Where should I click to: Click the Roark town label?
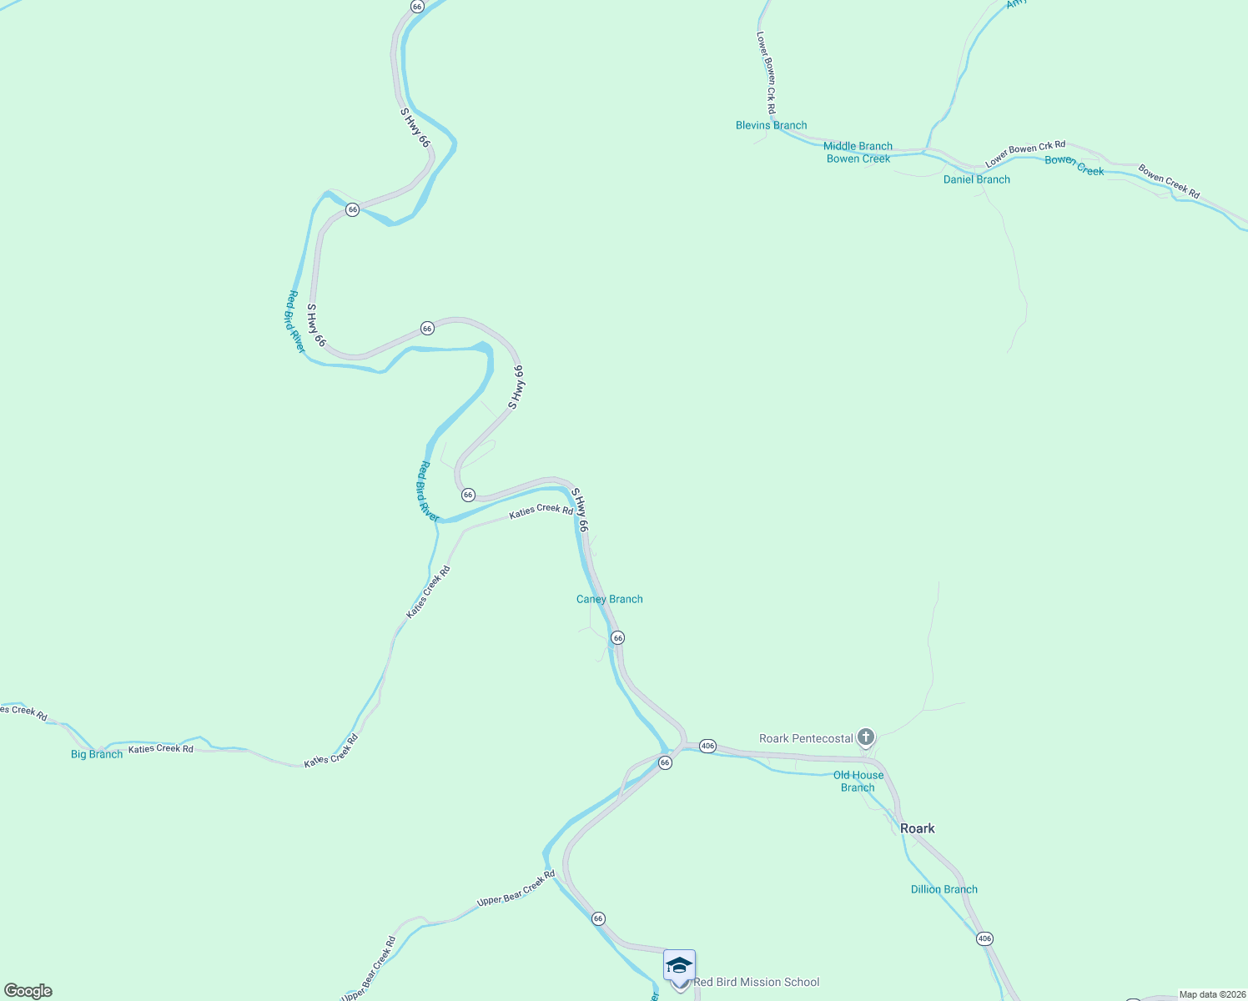(x=917, y=828)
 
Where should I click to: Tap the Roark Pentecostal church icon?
(x=866, y=737)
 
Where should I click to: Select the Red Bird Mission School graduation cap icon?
(x=679, y=965)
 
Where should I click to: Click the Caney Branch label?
(x=609, y=599)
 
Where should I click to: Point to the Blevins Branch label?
(x=771, y=125)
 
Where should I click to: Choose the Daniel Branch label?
(x=976, y=179)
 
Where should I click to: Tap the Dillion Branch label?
(x=944, y=889)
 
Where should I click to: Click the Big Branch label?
(x=97, y=754)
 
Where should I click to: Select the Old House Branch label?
(x=858, y=781)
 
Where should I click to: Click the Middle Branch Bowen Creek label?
(x=858, y=153)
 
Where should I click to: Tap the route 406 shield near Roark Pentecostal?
(x=707, y=746)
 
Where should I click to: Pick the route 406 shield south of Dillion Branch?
(x=984, y=938)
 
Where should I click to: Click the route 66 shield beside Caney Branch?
(x=617, y=637)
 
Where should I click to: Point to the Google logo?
(x=28, y=991)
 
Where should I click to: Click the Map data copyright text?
(x=1212, y=994)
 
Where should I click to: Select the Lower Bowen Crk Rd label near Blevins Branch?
(x=766, y=73)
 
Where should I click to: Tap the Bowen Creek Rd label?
(x=1169, y=182)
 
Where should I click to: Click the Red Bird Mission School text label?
(x=756, y=982)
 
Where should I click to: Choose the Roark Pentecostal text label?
(x=806, y=738)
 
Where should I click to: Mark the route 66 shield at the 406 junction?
(x=664, y=762)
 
